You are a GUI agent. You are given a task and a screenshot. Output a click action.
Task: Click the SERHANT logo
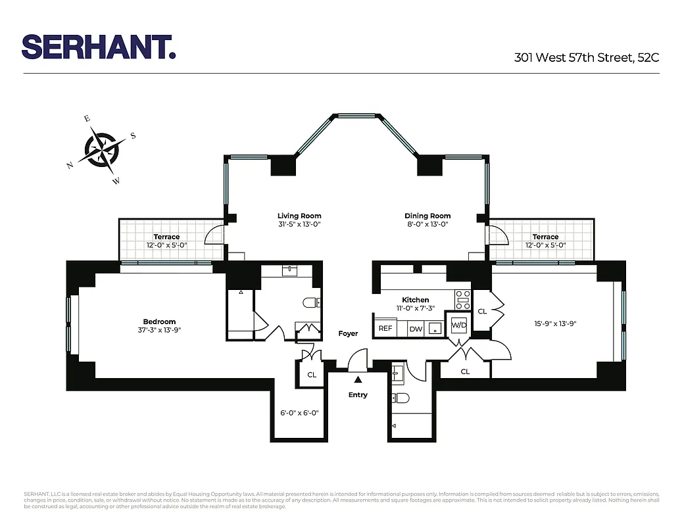[x=99, y=47]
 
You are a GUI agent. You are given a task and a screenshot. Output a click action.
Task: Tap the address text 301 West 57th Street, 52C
[x=586, y=57]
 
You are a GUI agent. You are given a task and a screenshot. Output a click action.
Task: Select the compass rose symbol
[x=102, y=149]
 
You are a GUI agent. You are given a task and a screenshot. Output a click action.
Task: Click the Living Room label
[x=299, y=216]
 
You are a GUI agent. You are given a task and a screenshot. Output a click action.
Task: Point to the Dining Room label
[x=427, y=216]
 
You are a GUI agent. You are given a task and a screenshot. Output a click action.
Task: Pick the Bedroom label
[x=159, y=322]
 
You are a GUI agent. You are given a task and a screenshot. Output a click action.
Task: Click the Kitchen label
[x=416, y=300]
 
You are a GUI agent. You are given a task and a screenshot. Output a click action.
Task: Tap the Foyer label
[x=348, y=333]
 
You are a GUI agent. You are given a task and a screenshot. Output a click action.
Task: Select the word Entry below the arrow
[x=358, y=394]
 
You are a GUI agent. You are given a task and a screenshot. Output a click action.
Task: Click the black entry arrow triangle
[x=358, y=379]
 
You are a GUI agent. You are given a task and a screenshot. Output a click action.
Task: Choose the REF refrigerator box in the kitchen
[x=385, y=328]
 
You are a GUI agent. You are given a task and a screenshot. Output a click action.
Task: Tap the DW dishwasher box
[x=416, y=328]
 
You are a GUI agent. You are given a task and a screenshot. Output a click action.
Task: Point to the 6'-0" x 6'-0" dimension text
[x=299, y=413]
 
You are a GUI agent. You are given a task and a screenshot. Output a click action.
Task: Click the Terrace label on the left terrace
[x=166, y=237]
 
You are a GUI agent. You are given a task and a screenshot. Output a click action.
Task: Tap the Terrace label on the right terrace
[x=545, y=237]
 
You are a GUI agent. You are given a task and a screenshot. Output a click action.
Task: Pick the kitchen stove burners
[x=463, y=299]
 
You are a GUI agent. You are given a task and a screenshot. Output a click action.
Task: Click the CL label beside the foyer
[x=312, y=375]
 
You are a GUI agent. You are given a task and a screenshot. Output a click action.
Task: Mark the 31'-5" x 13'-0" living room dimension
[x=299, y=224]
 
